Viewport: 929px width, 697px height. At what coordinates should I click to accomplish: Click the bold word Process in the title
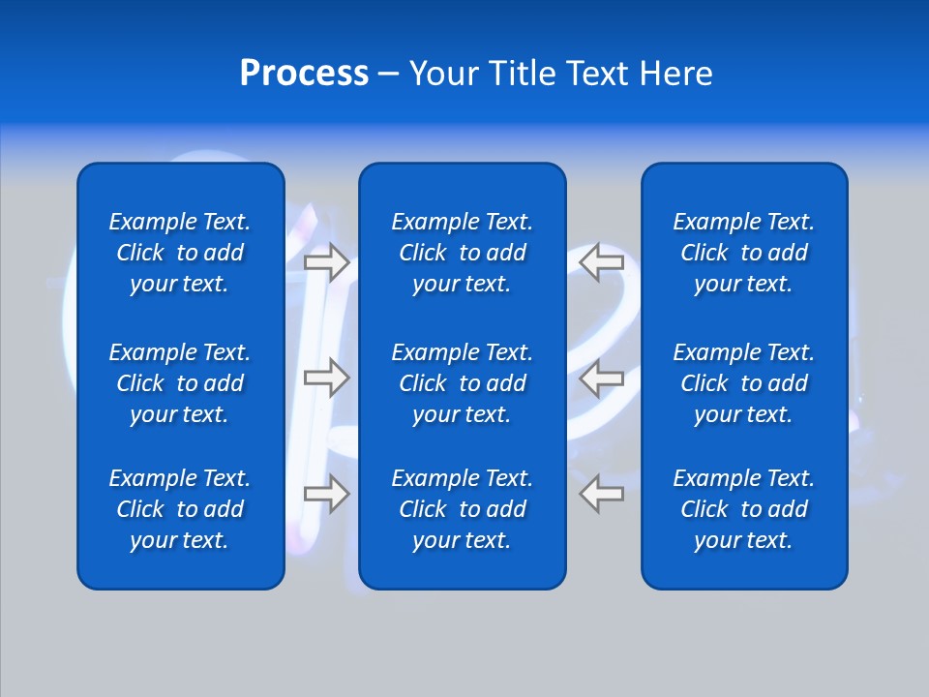coord(304,74)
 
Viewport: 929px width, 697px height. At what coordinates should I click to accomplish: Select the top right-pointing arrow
coord(326,261)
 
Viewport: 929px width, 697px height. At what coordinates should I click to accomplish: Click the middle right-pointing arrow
coord(326,378)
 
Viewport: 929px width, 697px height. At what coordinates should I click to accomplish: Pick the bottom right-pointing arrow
coord(326,494)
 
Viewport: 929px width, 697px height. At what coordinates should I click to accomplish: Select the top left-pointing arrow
coord(601,261)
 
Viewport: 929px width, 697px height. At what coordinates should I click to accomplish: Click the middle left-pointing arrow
coord(601,378)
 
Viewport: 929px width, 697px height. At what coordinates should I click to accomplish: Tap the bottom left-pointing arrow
coord(601,494)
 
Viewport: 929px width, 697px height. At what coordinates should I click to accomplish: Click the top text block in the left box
coord(180,253)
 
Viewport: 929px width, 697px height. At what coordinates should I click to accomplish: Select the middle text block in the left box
coord(180,383)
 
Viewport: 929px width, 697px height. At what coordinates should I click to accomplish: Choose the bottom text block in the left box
coord(180,509)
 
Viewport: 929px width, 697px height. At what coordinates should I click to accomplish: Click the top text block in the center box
coord(462,253)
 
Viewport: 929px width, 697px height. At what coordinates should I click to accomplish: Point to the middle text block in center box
coord(462,383)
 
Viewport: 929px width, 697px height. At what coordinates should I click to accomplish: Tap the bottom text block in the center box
coord(462,509)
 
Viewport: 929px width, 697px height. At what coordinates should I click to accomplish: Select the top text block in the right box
coord(743,253)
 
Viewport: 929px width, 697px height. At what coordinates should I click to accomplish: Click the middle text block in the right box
coord(743,383)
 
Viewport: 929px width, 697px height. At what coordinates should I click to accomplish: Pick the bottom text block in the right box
coord(743,509)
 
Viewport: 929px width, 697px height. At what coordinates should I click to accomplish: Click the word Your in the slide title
coord(444,74)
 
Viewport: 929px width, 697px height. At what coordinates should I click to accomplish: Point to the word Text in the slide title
coord(597,74)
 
